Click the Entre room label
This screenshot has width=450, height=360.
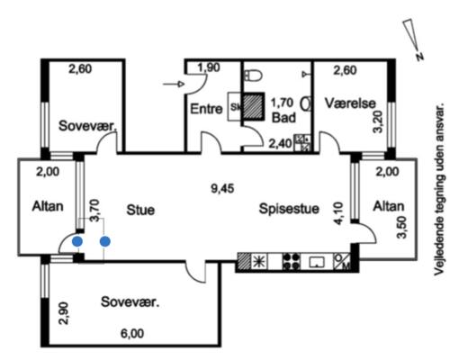point(206,109)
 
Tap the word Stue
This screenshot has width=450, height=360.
point(140,210)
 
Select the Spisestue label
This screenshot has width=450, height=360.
point(289,209)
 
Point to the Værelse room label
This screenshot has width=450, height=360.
point(350,103)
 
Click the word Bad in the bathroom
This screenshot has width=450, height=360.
point(283,117)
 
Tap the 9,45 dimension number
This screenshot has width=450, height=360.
point(222,189)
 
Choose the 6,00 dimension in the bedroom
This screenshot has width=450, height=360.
point(132,333)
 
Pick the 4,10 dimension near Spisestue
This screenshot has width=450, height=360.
point(338,213)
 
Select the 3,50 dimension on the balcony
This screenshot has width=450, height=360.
point(401,227)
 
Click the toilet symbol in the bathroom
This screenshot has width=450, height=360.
point(253,75)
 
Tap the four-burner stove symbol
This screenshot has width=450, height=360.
point(291,261)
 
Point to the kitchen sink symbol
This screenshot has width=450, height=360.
point(317,262)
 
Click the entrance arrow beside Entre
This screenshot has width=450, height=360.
point(173,85)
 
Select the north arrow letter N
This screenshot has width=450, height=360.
point(420,56)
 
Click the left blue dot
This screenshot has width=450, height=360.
point(77,241)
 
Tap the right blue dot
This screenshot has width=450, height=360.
point(104,241)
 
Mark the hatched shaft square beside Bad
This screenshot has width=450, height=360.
point(253,106)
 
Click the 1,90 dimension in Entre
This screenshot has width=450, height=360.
point(209,67)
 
